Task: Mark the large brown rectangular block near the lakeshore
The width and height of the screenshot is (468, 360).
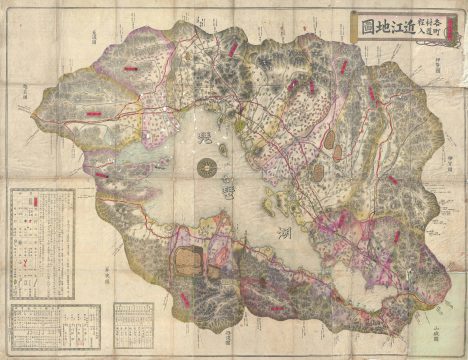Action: coord(190,261)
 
